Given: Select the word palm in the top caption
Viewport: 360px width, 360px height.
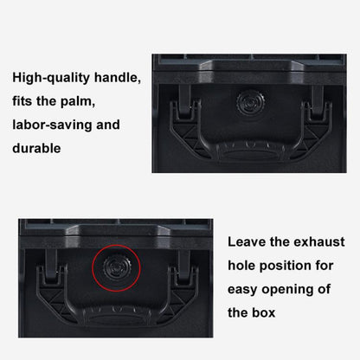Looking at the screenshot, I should coord(93,101).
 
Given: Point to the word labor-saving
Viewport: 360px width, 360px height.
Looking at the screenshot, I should coord(53,125).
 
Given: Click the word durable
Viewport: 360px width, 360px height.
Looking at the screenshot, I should coord(37,148).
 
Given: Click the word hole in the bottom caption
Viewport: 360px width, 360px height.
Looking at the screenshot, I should coord(244,266).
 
